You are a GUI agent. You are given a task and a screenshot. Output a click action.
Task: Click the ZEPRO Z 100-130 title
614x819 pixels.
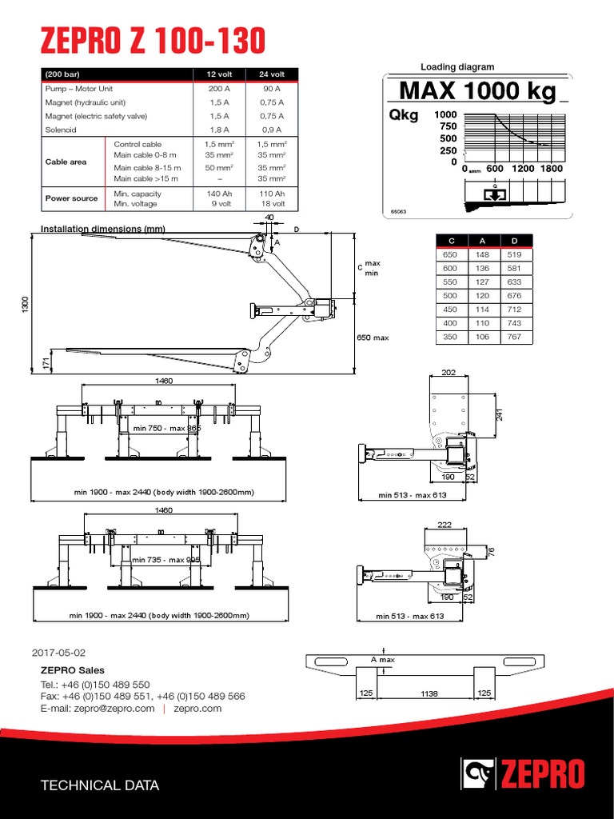point(148,40)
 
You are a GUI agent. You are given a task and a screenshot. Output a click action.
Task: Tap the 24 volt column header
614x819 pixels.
point(273,74)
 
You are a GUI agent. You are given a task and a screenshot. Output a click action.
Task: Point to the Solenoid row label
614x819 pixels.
point(60,129)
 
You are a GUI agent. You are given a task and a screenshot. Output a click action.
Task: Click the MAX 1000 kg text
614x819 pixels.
point(478,92)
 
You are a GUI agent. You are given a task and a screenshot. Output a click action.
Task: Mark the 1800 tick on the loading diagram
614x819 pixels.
point(551,169)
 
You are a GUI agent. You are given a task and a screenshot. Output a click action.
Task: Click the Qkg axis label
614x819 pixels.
point(403,115)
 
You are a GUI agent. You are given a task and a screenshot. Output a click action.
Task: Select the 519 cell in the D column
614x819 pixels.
point(514,254)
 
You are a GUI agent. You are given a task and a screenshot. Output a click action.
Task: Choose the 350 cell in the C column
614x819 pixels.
point(451,337)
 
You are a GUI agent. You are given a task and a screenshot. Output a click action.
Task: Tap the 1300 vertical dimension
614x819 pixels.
point(26,304)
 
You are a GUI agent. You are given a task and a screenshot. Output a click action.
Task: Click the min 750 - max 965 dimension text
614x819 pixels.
point(168,429)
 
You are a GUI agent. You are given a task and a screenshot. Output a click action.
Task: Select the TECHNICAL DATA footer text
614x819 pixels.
point(100,785)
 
